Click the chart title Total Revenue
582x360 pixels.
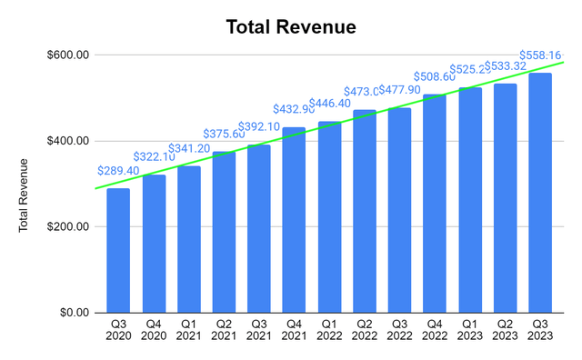pyautogui.click(x=291, y=27)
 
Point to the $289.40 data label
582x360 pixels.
pyautogui.click(x=118, y=170)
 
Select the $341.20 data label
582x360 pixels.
pyautogui.click(x=188, y=148)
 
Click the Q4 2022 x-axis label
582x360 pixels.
pyautogui.click(x=435, y=330)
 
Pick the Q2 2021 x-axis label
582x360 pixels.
pyautogui.click(x=224, y=330)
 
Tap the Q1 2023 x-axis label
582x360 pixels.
pyautogui.click(x=470, y=330)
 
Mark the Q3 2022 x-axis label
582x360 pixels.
pyautogui.click(x=399, y=330)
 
